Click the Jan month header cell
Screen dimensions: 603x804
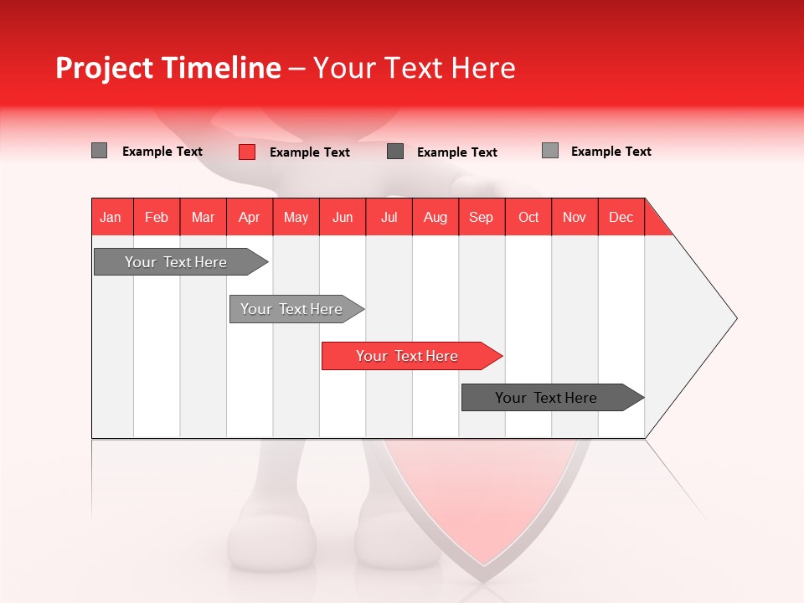(x=111, y=217)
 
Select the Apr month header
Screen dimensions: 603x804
(x=250, y=217)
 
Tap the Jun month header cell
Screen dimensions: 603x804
(x=343, y=217)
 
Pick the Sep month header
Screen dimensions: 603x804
(x=482, y=217)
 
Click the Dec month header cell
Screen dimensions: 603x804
(x=621, y=217)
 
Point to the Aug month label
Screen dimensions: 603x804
(x=435, y=217)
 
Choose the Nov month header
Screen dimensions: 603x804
(x=575, y=217)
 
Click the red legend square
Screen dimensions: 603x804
(x=247, y=152)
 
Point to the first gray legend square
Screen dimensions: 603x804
(x=99, y=151)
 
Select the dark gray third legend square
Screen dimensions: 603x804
(x=395, y=152)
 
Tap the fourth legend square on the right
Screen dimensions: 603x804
(x=550, y=151)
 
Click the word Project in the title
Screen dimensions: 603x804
(x=104, y=68)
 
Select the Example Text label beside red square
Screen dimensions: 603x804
(x=310, y=152)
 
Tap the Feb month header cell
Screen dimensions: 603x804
(x=157, y=217)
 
